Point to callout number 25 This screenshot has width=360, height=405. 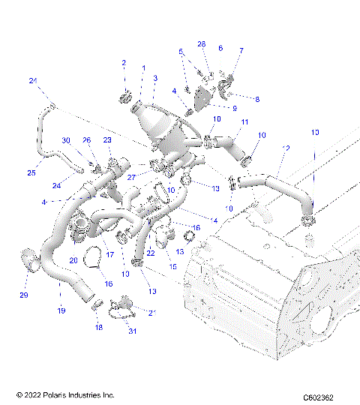31,173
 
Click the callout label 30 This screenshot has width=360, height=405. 66,140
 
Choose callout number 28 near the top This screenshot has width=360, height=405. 201,44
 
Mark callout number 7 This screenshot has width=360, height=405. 241,51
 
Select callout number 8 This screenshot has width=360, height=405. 256,99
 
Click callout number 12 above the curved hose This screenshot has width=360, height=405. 285,149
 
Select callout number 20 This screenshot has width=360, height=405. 73,260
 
